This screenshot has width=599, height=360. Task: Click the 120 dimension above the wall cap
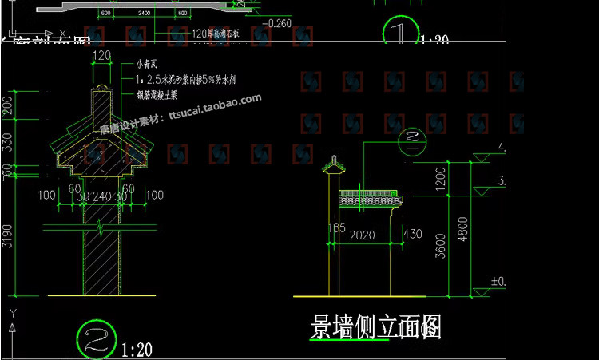click(101, 55)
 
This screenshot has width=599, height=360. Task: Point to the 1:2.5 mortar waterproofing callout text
click(184, 80)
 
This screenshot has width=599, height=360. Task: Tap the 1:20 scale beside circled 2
click(137, 349)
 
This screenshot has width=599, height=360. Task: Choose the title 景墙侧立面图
click(375, 326)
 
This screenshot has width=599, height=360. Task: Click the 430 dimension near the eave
click(413, 235)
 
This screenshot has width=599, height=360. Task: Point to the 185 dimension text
click(335, 228)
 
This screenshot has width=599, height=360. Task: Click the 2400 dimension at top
click(143, 14)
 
